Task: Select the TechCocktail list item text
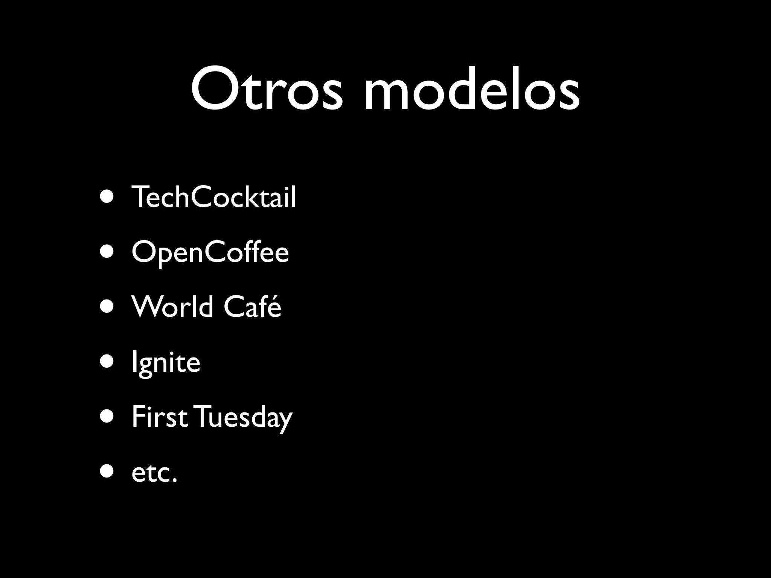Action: (x=213, y=197)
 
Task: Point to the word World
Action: (x=172, y=307)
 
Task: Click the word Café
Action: (x=252, y=307)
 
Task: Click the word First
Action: (x=160, y=417)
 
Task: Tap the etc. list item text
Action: (x=154, y=473)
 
